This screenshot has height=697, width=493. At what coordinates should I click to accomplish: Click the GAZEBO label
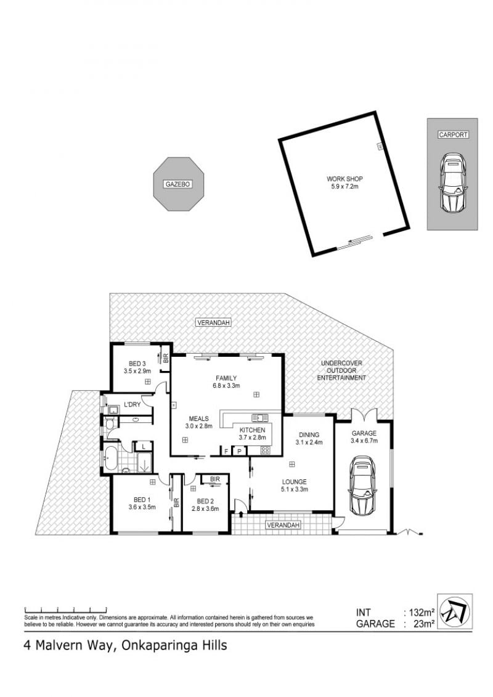tap(178, 184)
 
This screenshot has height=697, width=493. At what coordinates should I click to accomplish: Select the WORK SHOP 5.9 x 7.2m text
tap(344, 182)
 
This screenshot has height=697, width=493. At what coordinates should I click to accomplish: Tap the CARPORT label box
tap(453, 134)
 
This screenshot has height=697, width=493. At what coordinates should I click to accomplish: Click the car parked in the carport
tap(452, 182)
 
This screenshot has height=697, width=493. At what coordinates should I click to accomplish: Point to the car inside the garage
tap(363, 486)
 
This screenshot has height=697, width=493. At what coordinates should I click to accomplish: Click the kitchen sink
tap(259, 418)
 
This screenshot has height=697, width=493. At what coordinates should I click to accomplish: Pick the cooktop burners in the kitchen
tap(265, 450)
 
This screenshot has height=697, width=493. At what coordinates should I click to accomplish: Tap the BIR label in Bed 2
tap(214, 479)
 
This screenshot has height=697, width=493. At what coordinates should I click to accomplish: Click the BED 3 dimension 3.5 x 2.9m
tap(137, 371)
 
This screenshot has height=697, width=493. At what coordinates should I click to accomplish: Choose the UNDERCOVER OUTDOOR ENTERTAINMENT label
tap(341, 370)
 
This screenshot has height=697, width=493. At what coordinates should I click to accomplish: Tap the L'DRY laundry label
tap(132, 404)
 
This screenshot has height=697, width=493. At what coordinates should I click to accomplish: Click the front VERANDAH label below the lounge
tap(283, 525)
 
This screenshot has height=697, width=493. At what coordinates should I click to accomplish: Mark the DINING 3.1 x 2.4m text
tap(309, 438)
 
